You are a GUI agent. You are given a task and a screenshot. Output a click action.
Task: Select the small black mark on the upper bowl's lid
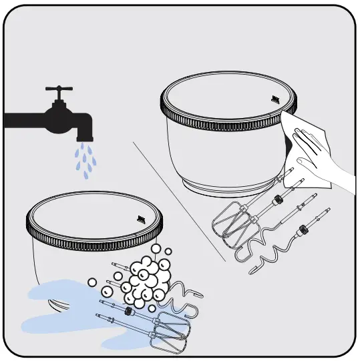click(275, 100)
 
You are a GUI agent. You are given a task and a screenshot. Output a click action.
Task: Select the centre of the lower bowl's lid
click(94, 220)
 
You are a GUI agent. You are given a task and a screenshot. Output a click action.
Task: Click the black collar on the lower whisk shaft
click(128, 312)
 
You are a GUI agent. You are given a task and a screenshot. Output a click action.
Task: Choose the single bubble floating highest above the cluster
click(156, 249)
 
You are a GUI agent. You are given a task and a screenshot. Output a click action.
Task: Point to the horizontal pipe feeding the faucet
click(27, 120)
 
